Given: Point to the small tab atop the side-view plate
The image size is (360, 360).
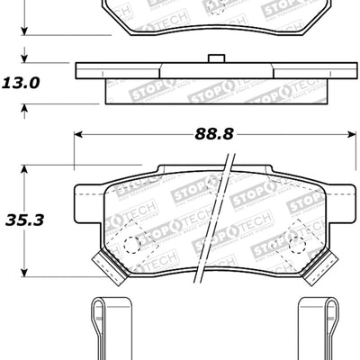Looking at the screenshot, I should (215, 60).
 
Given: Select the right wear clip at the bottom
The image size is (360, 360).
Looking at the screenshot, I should (319, 328).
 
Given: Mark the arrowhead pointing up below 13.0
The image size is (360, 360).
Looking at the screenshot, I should (24, 108).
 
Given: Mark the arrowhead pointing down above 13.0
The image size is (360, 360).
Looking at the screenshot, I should (24, 58).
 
